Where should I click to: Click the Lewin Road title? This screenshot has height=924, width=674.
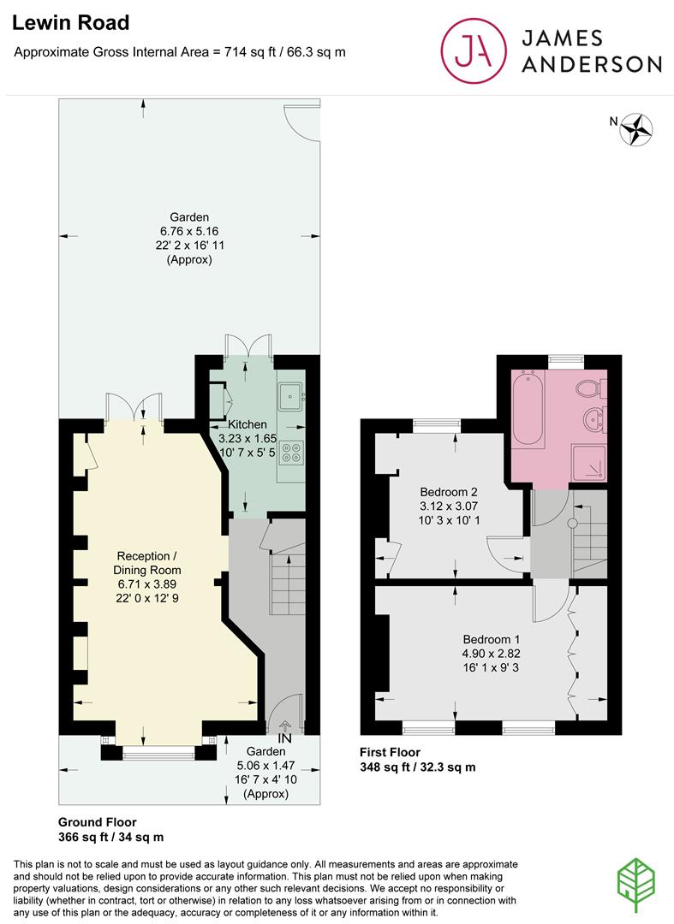coord(71,23)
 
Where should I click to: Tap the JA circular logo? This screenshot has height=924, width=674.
coord(474,50)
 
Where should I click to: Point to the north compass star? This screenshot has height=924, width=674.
coord(636,129)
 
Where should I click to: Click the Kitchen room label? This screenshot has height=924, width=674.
coord(248,424)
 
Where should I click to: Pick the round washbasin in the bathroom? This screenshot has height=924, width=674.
coord(593,419)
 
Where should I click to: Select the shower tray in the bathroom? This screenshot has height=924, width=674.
coord(589,463)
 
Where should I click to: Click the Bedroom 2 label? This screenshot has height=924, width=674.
coord(449,492)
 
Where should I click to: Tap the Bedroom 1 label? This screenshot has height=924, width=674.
coord(492,639)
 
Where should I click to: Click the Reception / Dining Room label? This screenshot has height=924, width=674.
coord(147,563)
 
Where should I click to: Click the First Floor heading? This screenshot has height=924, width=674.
coord(390,753)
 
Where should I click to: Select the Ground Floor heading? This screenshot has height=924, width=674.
coord(98,822)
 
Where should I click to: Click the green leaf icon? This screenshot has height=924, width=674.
coord(635,885)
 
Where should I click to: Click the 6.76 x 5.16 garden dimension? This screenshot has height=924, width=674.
coord(189,231)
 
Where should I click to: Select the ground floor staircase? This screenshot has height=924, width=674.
coord(289,583)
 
